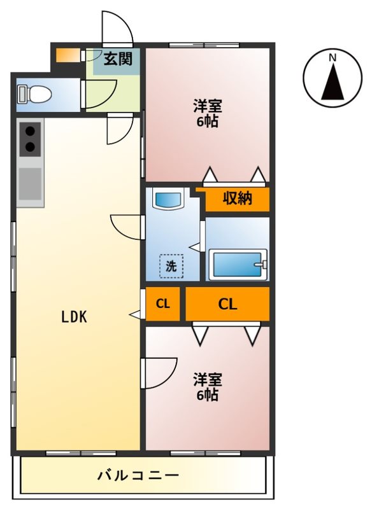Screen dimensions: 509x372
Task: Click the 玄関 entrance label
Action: (x=118, y=60)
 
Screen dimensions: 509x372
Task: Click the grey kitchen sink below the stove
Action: (x=30, y=184)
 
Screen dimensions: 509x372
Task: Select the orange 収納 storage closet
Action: (x=237, y=199)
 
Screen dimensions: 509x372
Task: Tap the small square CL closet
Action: (x=163, y=303)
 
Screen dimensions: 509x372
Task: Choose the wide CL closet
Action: (x=227, y=303)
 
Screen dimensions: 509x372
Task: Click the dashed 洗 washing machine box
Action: (x=171, y=266)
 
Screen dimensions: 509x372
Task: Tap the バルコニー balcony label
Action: (x=138, y=475)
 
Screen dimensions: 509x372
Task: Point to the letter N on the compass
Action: (x=332, y=59)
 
